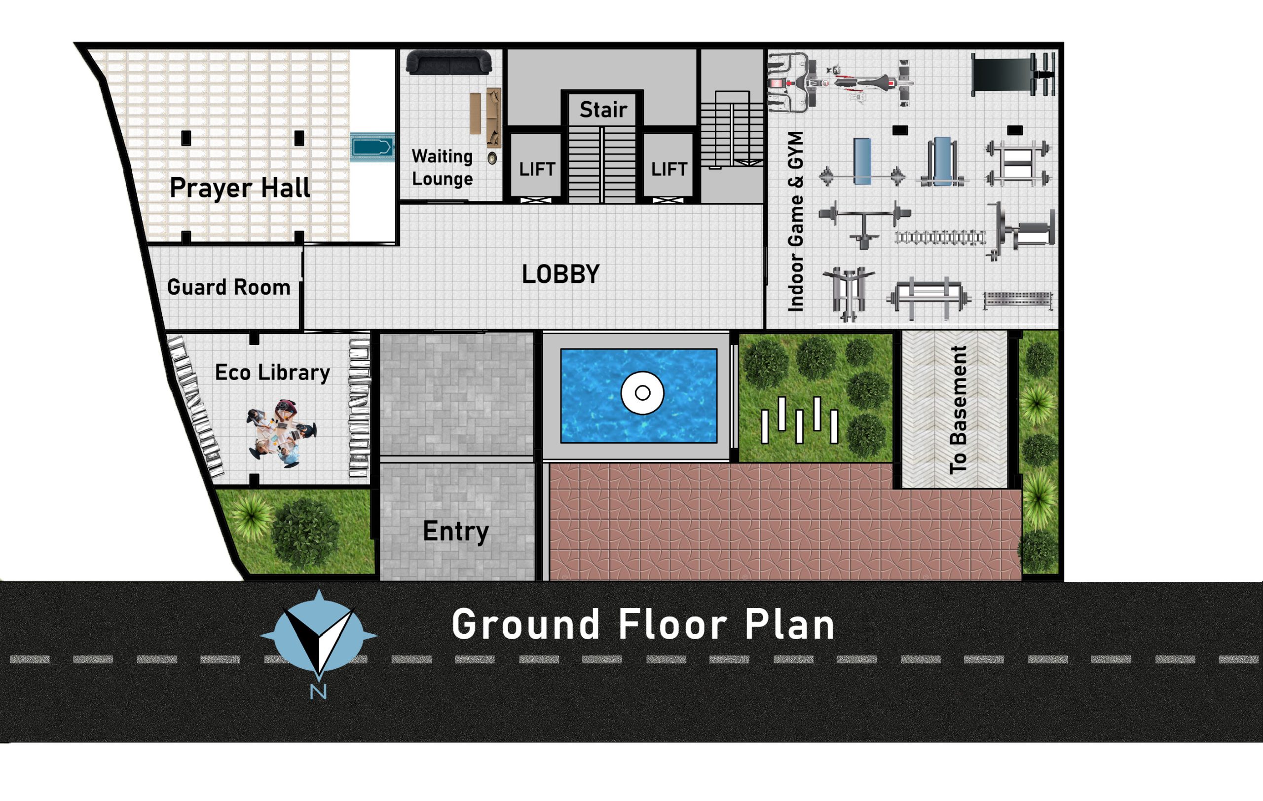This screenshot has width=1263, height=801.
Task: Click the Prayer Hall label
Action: tap(240, 188)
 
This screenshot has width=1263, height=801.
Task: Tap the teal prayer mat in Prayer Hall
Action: tap(372, 147)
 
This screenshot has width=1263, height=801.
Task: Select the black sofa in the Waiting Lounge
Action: tap(449, 62)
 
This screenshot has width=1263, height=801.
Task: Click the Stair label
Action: tap(603, 110)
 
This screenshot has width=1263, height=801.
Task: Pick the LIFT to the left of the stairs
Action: tap(537, 169)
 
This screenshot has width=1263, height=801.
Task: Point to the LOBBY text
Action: tap(560, 274)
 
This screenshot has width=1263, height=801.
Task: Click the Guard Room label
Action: tap(229, 287)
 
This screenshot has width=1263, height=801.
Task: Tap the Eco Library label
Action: tap(272, 373)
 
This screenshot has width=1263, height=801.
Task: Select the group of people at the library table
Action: tap(282, 432)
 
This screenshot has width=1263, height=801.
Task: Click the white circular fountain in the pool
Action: tap(642, 392)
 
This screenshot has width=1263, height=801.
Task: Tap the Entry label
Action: tap(455, 532)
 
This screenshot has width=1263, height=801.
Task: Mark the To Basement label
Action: tap(958, 410)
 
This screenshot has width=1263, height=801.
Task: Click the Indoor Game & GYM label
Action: tap(796, 222)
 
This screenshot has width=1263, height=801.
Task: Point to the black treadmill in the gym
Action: tap(1012, 74)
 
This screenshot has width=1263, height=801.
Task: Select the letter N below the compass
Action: tap(318, 692)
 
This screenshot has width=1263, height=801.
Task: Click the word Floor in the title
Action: tap(672, 624)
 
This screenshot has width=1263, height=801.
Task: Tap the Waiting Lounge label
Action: tap(442, 167)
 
